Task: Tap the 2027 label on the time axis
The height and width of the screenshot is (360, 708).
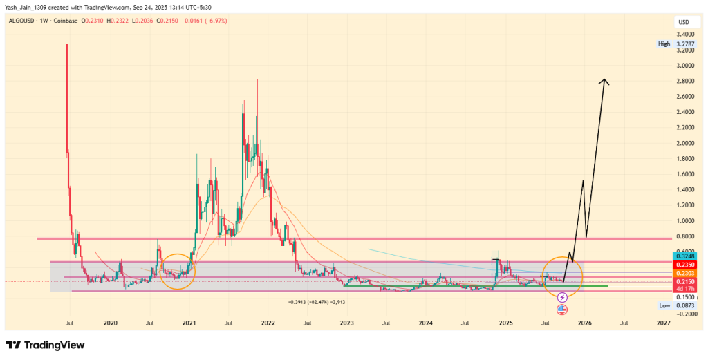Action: (663, 323)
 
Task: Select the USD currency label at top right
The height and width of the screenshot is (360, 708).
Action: (683, 23)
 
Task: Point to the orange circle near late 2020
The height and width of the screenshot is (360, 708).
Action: (178, 272)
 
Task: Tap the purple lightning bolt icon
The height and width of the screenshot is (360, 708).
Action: (561, 298)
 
